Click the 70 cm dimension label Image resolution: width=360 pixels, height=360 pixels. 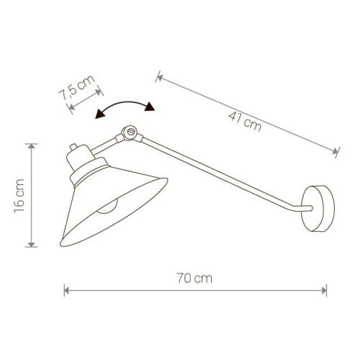coord(195,278)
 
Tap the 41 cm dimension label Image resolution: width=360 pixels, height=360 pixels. coord(245,122)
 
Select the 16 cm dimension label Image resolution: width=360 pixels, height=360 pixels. coord(19,196)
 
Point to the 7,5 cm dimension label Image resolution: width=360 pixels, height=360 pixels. coord(77,88)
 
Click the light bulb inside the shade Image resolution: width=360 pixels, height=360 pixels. coord(107,207)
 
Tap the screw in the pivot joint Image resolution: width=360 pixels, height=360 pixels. coord(131,132)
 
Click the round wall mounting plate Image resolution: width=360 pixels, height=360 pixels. coord(318,208)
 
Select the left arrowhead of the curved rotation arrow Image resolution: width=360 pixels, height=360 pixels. coord(100,114)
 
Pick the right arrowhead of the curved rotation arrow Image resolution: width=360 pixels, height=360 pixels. coord(150,107)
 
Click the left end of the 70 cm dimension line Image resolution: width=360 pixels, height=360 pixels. coord(65,290)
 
